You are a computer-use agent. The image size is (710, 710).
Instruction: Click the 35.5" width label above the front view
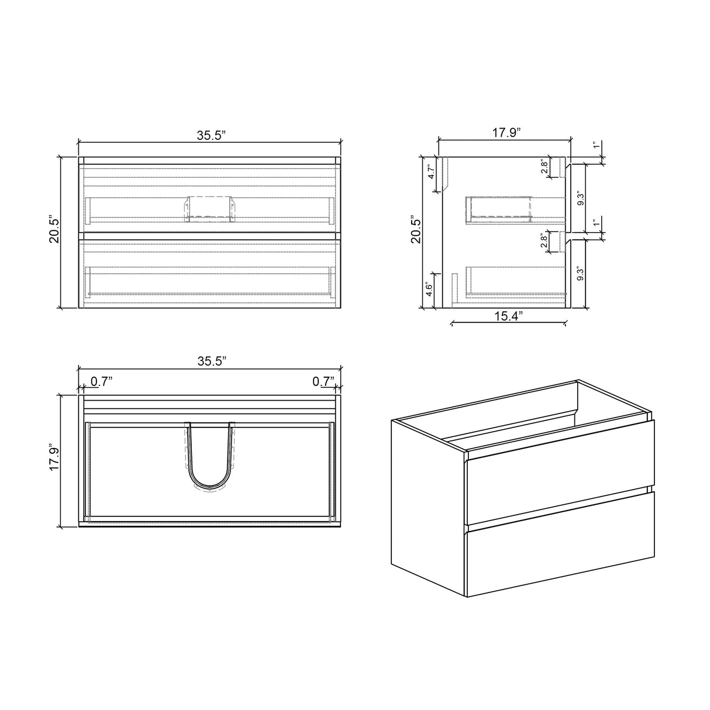point(211,135)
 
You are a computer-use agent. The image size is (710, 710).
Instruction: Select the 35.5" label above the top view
point(211,361)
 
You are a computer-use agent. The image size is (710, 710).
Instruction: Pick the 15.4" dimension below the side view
point(508,316)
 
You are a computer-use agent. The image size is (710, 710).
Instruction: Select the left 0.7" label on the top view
point(101,381)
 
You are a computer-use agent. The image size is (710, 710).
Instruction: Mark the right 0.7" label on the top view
point(323,381)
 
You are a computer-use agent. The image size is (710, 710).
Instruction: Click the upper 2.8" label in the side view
point(544,167)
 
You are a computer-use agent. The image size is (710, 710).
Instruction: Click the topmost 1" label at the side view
point(596,145)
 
